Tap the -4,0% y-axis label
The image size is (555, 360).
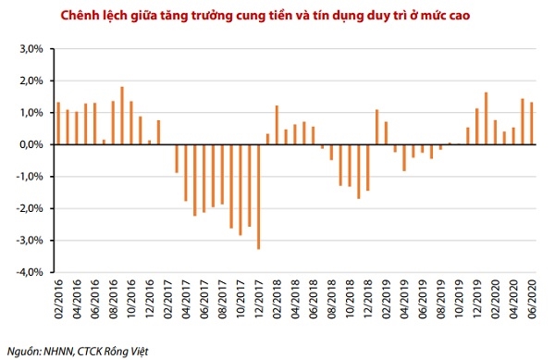coord(28,272)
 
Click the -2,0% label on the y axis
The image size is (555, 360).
coord(28,208)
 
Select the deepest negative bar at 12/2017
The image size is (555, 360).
coord(258,196)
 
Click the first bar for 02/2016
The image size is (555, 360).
coord(58,123)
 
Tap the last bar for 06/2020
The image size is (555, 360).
coord(531,123)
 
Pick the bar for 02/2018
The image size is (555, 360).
coord(277,125)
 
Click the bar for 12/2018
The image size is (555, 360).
coord(367,168)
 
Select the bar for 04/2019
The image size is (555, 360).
coord(404,157)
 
